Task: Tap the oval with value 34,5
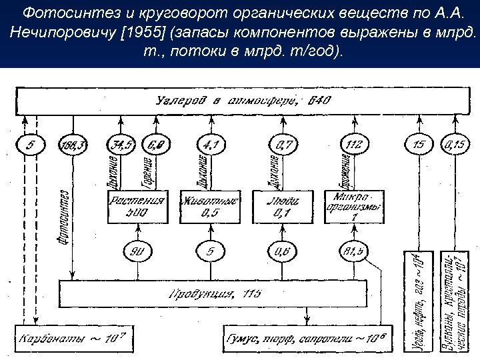pyautogui.click(x=121, y=143)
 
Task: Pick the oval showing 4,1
pyautogui.click(x=211, y=143)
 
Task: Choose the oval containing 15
pyautogui.click(x=418, y=143)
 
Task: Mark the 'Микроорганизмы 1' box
pyautogui.click(x=354, y=207)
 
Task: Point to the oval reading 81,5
pyautogui.click(x=352, y=253)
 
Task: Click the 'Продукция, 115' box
pyautogui.click(x=213, y=293)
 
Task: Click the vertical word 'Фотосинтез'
pyautogui.click(x=64, y=217)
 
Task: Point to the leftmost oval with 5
pyautogui.click(x=29, y=143)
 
